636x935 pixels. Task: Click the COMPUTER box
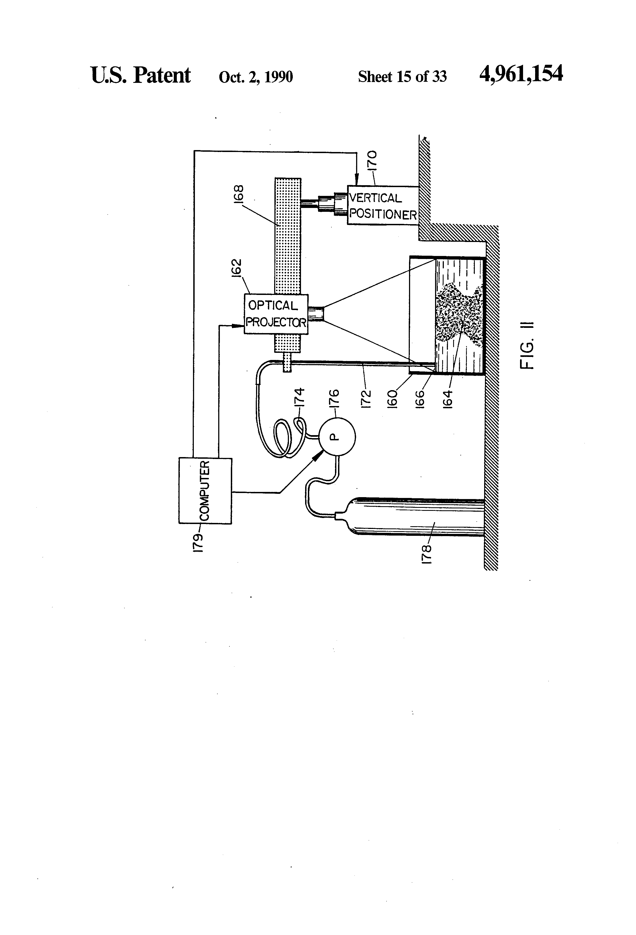205,491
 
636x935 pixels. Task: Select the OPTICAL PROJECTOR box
276,314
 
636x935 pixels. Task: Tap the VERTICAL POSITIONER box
382,205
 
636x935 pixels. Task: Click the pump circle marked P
337,436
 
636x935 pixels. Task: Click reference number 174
300,398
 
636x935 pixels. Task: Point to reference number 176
334,398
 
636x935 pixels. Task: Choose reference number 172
366,398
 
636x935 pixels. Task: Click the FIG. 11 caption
527,345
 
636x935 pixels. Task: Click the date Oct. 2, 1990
256,77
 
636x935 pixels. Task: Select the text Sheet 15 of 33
402,77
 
